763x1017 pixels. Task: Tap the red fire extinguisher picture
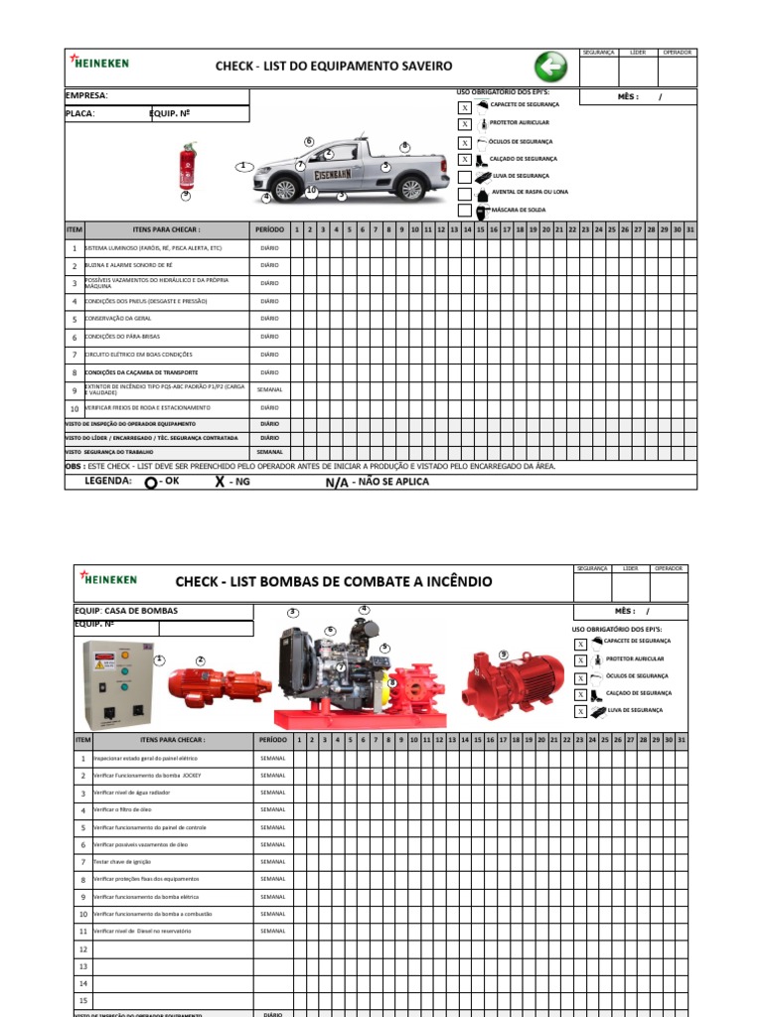(186, 167)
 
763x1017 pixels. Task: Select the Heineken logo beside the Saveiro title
(99, 63)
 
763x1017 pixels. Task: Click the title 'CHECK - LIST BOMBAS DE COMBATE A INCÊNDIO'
(333, 581)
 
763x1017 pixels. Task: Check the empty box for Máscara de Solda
(464, 211)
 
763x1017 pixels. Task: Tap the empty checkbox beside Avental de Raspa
(464, 193)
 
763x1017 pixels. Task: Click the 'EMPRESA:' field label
(86, 96)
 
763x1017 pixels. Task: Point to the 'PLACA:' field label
(80, 114)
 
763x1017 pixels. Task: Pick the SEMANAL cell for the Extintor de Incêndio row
(269, 390)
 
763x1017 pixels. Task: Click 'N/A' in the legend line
(336, 483)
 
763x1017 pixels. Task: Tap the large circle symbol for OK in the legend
(150, 483)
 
